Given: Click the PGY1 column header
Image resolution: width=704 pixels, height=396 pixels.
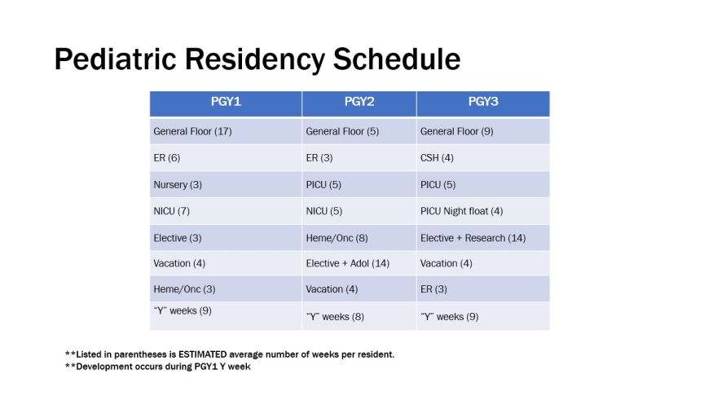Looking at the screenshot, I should click(226, 103).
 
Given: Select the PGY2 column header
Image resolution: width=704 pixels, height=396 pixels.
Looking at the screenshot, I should click(359, 103).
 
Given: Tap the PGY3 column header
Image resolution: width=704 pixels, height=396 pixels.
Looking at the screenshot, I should click(482, 103).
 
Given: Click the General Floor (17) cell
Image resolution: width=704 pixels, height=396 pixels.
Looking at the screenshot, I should click(192, 131).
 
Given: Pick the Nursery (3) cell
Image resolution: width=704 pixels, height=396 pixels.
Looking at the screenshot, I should click(178, 184).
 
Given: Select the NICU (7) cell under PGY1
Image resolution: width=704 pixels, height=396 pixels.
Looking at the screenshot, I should click(171, 211).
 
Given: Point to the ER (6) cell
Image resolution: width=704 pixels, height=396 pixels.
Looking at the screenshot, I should click(166, 158).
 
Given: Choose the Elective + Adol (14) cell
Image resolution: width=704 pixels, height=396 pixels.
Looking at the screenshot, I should click(346, 263).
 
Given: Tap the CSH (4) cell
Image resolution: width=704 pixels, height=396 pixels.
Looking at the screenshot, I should click(437, 158).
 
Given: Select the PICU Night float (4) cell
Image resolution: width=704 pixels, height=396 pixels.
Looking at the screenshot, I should click(461, 211).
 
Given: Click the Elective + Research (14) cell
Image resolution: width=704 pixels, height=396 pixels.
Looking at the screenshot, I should click(473, 238).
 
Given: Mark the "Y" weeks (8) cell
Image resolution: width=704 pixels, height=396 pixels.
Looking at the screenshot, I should click(334, 316).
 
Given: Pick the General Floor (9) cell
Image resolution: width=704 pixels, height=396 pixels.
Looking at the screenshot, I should click(456, 131).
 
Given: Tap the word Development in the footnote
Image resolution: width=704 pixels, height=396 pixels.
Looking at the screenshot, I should click(105, 367).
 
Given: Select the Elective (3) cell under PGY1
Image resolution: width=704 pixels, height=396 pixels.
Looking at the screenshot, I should click(178, 238).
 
